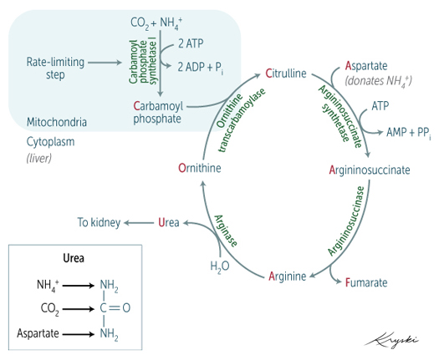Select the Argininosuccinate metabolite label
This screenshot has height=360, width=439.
369,169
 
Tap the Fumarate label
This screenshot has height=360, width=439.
366,283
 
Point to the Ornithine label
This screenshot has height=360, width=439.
199,169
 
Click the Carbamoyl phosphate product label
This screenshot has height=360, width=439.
156,113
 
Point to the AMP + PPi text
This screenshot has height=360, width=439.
409,131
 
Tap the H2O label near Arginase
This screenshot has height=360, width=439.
219,266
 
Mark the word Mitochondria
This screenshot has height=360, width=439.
56,122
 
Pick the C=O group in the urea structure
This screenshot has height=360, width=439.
115,308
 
